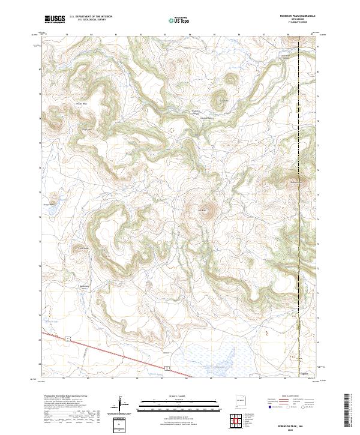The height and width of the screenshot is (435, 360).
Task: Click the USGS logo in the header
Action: click(55, 20)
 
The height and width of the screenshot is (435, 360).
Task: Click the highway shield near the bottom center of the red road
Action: click(169, 365)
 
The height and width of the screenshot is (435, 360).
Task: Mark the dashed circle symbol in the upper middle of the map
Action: click(172, 128)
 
